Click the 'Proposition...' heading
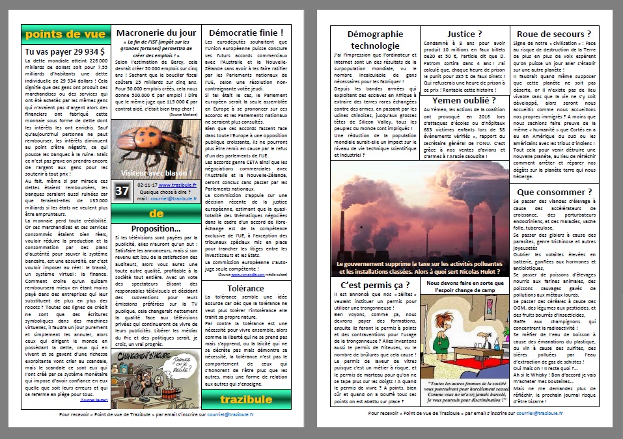(155, 229)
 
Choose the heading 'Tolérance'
(245, 288)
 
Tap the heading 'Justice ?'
(465, 34)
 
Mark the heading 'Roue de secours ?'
(554, 34)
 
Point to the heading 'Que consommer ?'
(554, 192)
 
